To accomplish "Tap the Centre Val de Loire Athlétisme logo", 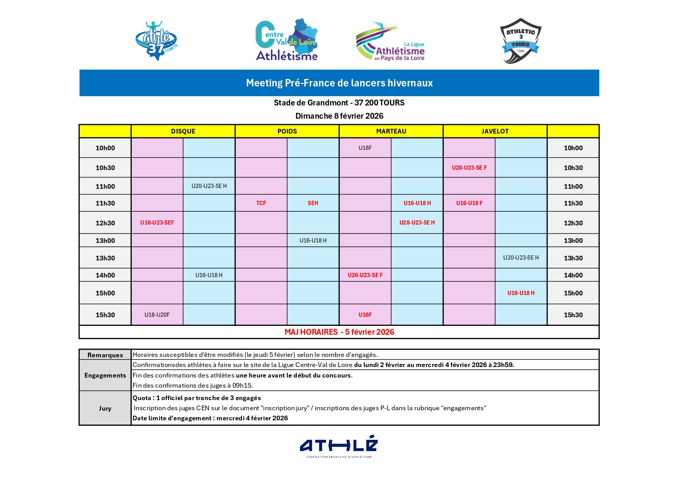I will [x=287, y=40].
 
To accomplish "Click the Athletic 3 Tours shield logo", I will [x=521, y=40].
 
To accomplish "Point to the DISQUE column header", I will [x=183, y=132].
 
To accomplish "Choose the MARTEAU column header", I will [x=391, y=132].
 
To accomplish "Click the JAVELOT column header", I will [x=495, y=132].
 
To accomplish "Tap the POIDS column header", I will [x=287, y=132].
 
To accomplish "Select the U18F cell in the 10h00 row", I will [x=365, y=148].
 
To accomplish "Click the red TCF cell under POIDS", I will [x=261, y=203].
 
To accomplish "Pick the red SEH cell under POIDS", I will [x=313, y=203].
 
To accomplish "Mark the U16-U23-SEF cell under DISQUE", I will [x=157, y=223].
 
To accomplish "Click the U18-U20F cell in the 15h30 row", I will [x=157, y=315].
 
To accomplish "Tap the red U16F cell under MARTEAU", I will [x=365, y=315].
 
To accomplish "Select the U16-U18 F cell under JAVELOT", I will [x=469, y=203].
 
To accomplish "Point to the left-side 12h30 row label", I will [x=105, y=223].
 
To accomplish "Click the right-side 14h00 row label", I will [x=573, y=275].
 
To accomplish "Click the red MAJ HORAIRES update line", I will [x=339, y=332].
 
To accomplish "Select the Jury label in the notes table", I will [x=105, y=408].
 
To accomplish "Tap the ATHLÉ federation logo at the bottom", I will [x=339, y=446].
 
